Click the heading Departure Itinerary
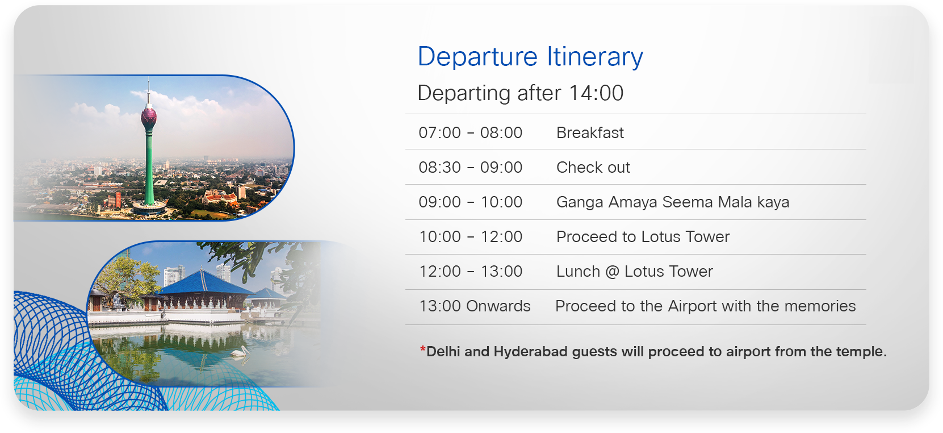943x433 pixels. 530,57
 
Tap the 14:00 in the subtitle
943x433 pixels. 596,93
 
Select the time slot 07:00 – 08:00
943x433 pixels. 470,132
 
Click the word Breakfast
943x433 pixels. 590,132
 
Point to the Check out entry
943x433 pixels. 593,167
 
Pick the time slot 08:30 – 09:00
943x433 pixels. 470,167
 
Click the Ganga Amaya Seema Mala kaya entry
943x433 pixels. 673,202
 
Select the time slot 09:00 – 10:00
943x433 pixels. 470,202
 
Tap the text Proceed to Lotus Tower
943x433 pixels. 643,237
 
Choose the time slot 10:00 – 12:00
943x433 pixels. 470,237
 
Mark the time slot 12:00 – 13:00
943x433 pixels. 470,272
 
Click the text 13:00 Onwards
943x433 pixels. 475,306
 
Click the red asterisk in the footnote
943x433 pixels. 422,349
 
